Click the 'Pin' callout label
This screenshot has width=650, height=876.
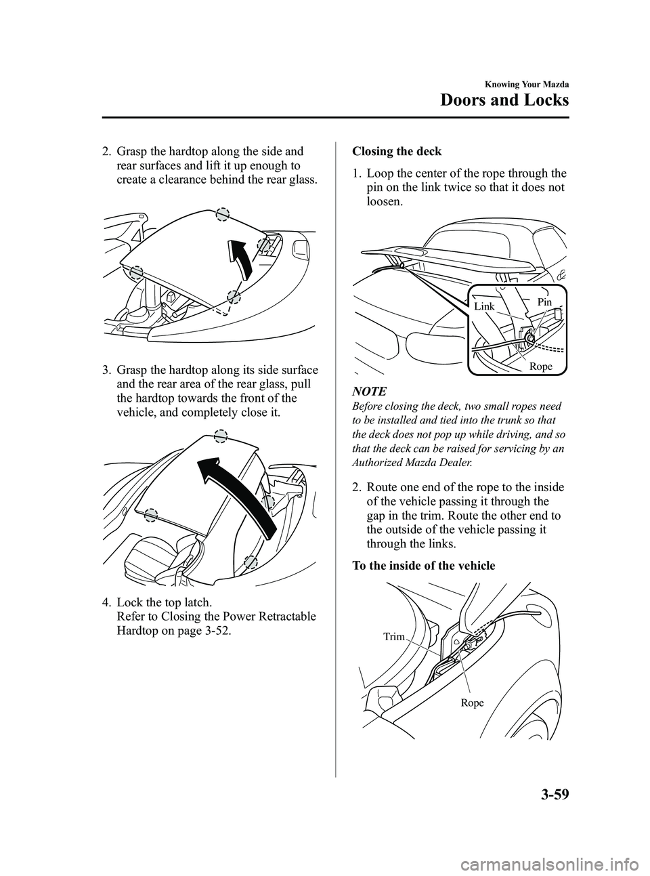click(545, 301)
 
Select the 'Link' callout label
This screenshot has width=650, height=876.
click(484, 307)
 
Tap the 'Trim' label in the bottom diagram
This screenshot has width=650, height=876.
click(393, 636)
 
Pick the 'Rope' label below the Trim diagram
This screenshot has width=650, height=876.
click(473, 703)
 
